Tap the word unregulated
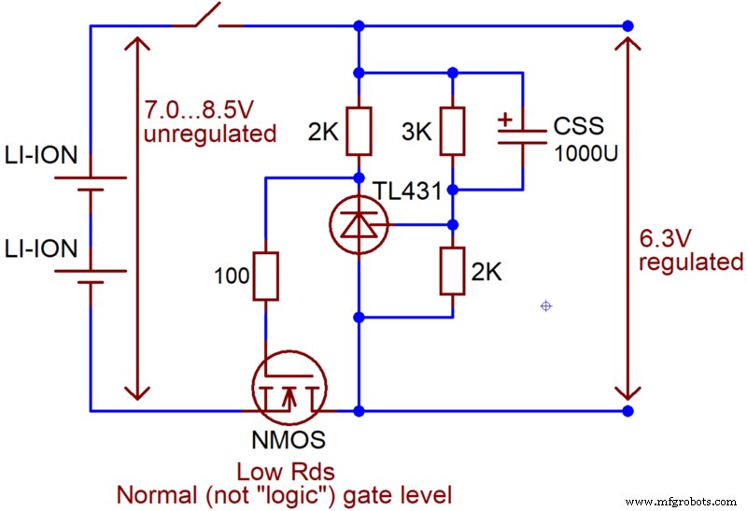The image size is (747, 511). pos(210,134)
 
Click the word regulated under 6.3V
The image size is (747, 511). pos(691,262)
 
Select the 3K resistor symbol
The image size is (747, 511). pos(452,131)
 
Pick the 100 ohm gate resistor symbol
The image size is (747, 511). pos(266,276)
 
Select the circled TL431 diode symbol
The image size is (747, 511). pos(359,224)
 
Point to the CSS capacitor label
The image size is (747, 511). pos(578,125)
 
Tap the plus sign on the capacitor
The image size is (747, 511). pos(505,120)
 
